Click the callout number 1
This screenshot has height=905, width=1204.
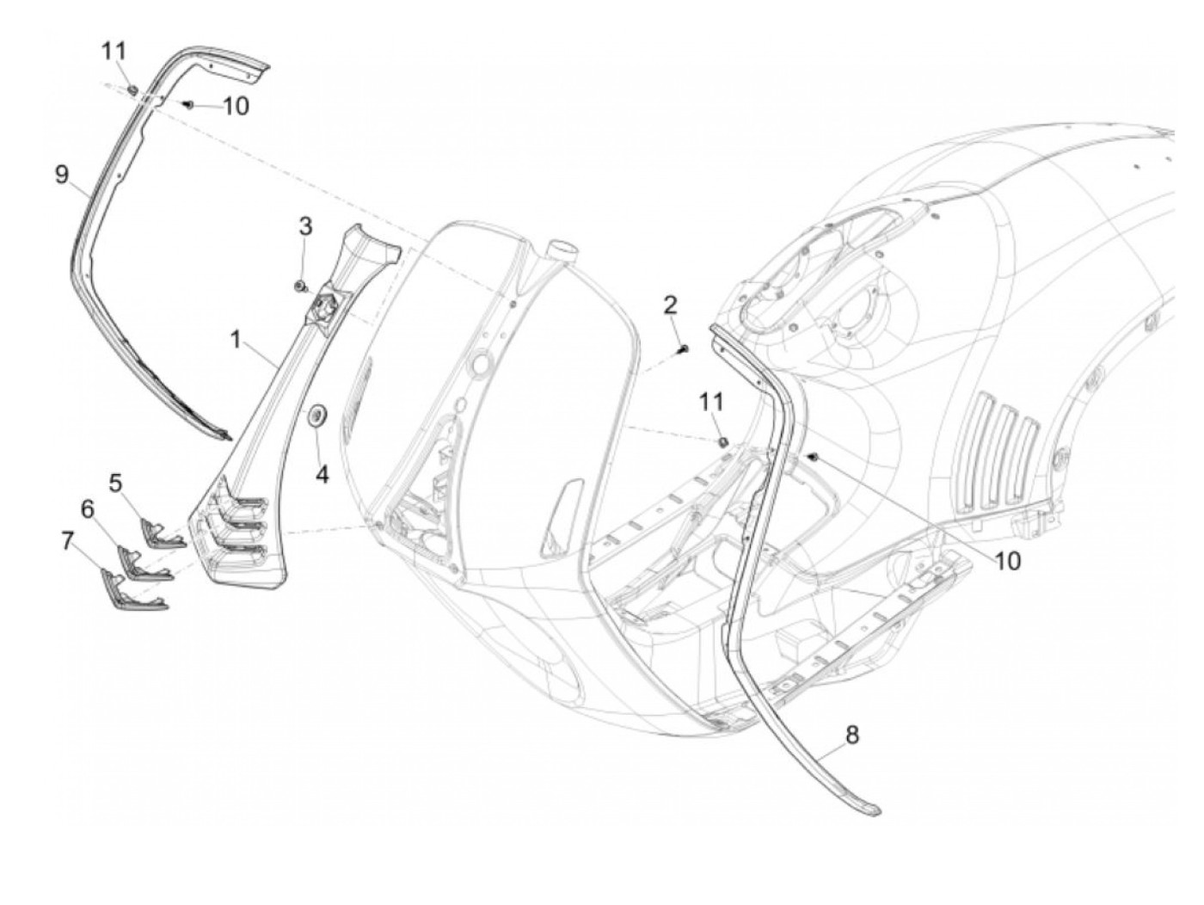pos(236,340)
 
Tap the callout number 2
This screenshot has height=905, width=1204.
pos(670,304)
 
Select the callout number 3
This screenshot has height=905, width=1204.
pos(305,227)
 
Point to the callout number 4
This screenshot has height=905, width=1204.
pos(321,474)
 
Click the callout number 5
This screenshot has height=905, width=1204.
pos(116,483)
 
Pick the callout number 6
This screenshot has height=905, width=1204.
pos(87,509)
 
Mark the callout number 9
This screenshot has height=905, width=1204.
pos(61,175)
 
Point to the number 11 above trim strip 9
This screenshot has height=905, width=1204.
pos(114,51)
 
